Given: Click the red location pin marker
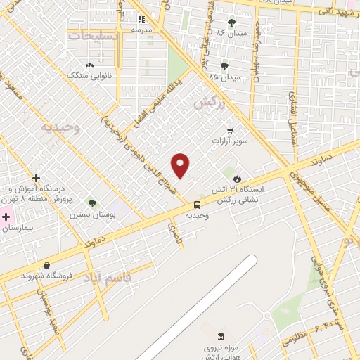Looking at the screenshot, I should (181, 165).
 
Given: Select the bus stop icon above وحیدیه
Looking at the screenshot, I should (197, 205).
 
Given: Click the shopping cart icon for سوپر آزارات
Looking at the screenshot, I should (230, 130).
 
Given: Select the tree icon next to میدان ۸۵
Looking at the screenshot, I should (224, 66).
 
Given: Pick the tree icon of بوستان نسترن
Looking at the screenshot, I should (93, 203).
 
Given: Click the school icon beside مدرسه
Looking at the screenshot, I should (141, 20).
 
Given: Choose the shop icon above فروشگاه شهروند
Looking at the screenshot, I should (46, 265).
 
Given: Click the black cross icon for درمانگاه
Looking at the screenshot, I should (36, 178).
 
